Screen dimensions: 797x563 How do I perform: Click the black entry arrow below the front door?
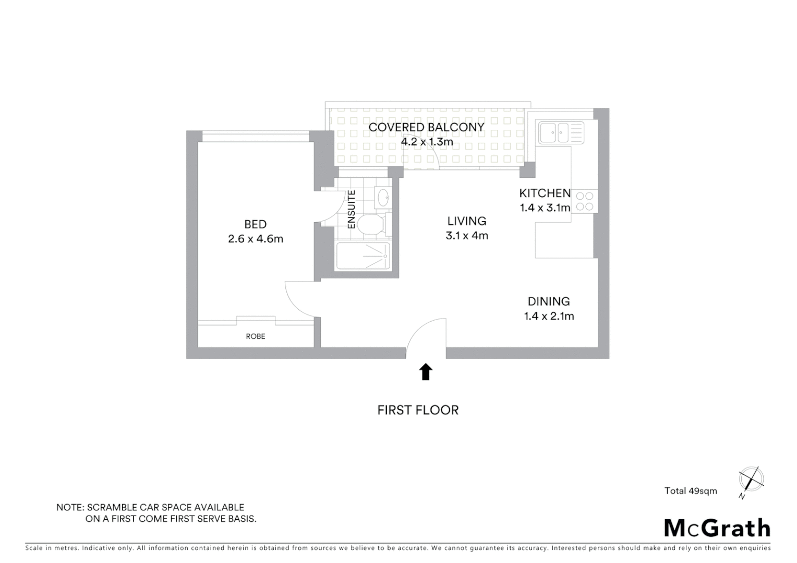pos(426,372)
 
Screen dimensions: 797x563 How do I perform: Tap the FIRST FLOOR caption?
pos(418,410)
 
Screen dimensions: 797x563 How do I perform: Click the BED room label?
pos(255,224)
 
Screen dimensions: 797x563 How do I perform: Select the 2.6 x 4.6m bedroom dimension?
pos(255,239)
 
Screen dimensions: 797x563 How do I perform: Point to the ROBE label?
pos(255,336)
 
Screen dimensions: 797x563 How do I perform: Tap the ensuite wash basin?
pos(382,198)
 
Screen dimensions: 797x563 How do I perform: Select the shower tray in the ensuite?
pos(363,256)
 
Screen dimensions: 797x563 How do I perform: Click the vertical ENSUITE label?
pos(352,210)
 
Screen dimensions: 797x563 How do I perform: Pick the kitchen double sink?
pos(554,132)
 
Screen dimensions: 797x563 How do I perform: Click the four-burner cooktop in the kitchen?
pos(585,201)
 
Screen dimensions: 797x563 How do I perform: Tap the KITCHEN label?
pos(545,193)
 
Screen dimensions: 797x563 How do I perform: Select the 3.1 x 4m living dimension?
pos(466,236)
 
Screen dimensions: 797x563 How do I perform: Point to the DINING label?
pos(549,301)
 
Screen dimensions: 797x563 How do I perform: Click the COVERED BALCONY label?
pos(426,127)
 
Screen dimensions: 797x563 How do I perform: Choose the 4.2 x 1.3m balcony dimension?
pos(426,141)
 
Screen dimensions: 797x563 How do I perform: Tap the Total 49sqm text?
pos(690,491)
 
